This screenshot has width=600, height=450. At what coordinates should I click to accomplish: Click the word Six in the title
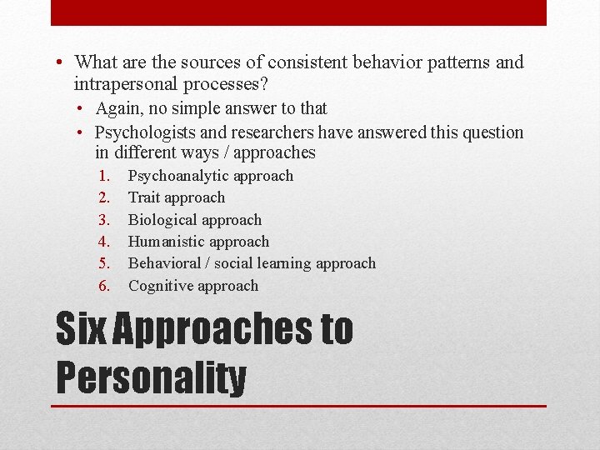[81, 329]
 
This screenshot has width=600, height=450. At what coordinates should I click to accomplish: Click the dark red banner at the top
[298, 12]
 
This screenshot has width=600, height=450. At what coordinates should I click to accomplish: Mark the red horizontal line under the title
[300, 406]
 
